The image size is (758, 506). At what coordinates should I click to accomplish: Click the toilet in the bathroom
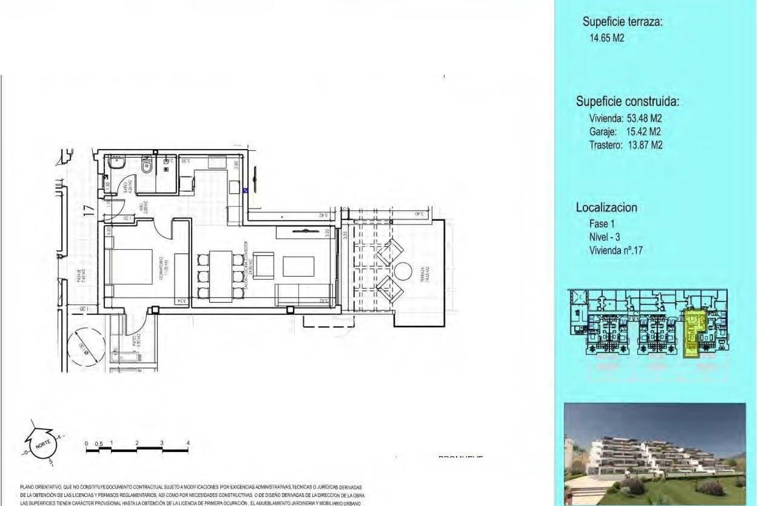coord(146,164)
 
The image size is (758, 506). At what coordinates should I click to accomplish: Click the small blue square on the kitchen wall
coord(245,191)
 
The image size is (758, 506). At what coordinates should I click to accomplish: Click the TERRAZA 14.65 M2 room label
coord(423,274)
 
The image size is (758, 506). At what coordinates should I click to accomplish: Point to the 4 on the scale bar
coord(188,443)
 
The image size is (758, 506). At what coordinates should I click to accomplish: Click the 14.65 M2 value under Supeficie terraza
coord(606,38)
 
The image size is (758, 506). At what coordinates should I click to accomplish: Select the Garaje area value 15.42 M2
coord(643,132)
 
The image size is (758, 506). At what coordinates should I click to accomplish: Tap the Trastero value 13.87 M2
coord(645,145)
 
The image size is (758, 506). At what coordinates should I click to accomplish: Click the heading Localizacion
coord(606,208)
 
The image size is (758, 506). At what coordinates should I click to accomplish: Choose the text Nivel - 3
coord(604,237)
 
